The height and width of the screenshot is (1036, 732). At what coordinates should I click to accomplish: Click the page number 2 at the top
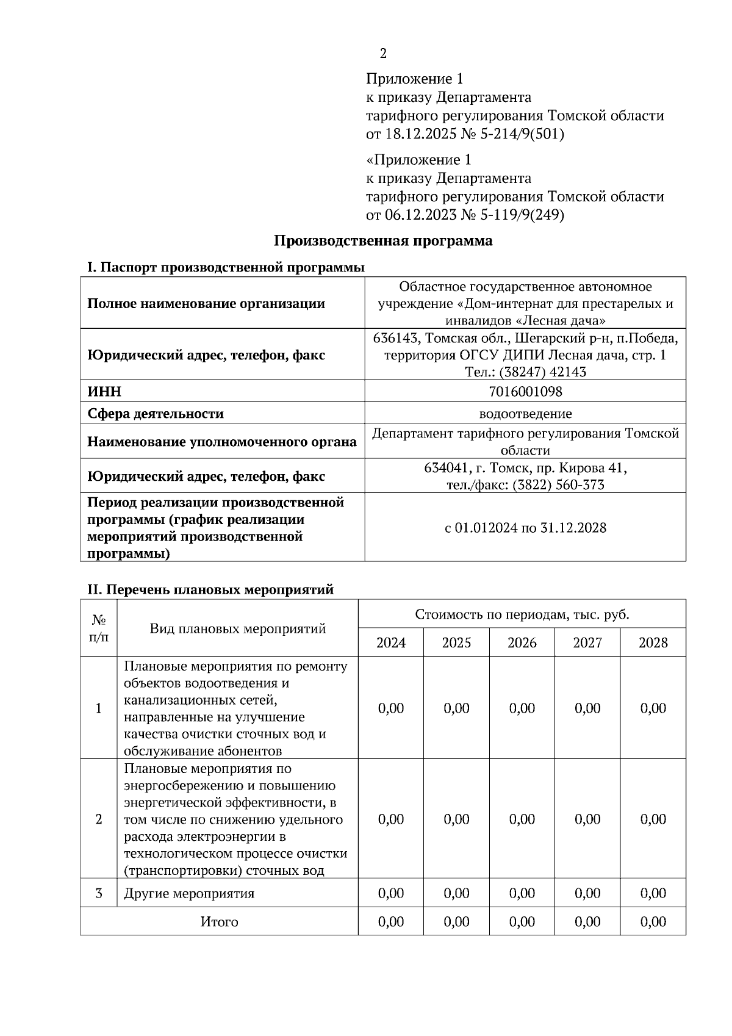click(x=383, y=54)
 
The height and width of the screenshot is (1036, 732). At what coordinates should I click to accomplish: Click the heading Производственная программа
click(x=382, y=240)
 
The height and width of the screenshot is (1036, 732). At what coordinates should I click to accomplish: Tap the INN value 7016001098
click(x=525, y=391)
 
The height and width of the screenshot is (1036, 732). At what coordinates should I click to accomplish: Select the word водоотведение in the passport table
click(x=525, y=414)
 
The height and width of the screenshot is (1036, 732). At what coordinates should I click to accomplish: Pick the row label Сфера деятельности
click(x=156, y=414)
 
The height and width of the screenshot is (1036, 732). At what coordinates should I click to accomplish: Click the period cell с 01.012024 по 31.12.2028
click(x=525, y=528)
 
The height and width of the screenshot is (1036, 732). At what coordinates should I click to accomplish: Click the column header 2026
click(x=522, y=642)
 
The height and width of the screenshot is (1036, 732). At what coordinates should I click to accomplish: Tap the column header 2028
click(x=653, y=642)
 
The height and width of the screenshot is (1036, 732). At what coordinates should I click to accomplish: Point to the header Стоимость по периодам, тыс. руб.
click(x=522, y=614)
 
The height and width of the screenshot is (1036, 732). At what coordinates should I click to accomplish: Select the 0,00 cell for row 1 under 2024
click(x=391, y=708)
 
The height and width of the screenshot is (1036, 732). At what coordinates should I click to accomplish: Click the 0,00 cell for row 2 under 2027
click(x=587, y=819)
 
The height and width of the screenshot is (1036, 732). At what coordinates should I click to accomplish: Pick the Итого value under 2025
click(x=456, y=922)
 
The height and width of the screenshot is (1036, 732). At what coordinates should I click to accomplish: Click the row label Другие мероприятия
click(x=189, y=894)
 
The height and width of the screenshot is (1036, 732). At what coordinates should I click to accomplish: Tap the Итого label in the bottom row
click(x=219, y=922)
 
